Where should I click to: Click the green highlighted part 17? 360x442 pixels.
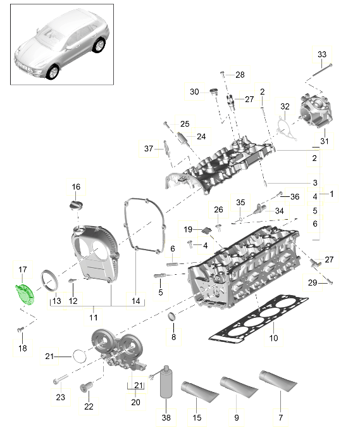pyautogui.click(x=24, y=294)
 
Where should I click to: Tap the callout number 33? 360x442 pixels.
pyautogui.click(x=321, y=54)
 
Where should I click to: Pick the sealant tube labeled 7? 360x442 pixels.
pyautogui.click(x=277, y=383)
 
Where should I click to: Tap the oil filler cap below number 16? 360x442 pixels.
pyautogui.click(x=76, y=206)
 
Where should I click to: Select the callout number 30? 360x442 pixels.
pyautogui.click(x=194, y=92)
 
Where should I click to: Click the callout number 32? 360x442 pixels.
pyautogui.click(x=285, y=106)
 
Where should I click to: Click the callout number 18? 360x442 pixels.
pyautogui.click(x=23, y=348)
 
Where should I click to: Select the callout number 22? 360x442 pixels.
pyautogui.click(x=88, y=406)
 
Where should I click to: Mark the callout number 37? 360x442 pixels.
pyautogui.click(x=149, y=148)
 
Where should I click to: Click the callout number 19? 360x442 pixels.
pyautogui.click(x=188, y=229)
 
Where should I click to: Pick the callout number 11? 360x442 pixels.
pyautogui.click(x=92, y=317)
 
